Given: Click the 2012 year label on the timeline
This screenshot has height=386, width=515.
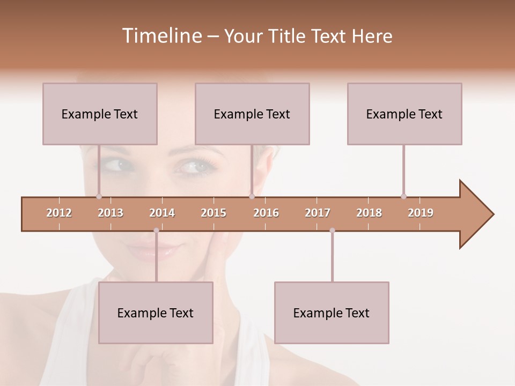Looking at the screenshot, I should click(59, 213).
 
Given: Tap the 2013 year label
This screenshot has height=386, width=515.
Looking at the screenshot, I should click(111, 213).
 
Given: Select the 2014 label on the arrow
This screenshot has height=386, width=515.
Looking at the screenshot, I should click(162, 213).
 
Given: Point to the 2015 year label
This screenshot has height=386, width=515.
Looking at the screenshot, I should click(214, 213).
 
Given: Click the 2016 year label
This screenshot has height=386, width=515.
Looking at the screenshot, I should click(266, 213).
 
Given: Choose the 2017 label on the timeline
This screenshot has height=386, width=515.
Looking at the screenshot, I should click(318, 213).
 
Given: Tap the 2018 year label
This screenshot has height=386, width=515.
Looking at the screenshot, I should click(369, 213).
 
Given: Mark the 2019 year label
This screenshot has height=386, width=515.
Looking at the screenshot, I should click(421, 213).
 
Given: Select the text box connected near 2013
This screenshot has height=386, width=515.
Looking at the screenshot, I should click(100, 114).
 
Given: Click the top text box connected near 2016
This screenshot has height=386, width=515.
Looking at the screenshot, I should click(252, 114).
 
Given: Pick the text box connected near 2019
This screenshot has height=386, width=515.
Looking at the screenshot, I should click(404, 114).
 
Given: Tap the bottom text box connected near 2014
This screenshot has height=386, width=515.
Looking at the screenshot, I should click(156, 313).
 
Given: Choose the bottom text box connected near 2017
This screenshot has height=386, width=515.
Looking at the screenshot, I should click(332, 313).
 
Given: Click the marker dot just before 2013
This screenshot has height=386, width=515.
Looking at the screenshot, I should click(99, 196).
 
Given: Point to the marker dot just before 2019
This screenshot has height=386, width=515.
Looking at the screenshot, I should click(403, 196).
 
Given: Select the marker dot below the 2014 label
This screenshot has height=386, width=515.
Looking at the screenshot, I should click(156, 231).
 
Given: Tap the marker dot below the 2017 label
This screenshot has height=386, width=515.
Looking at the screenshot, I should click(332, 231).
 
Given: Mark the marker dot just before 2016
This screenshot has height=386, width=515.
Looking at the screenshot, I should click(252, 196).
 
